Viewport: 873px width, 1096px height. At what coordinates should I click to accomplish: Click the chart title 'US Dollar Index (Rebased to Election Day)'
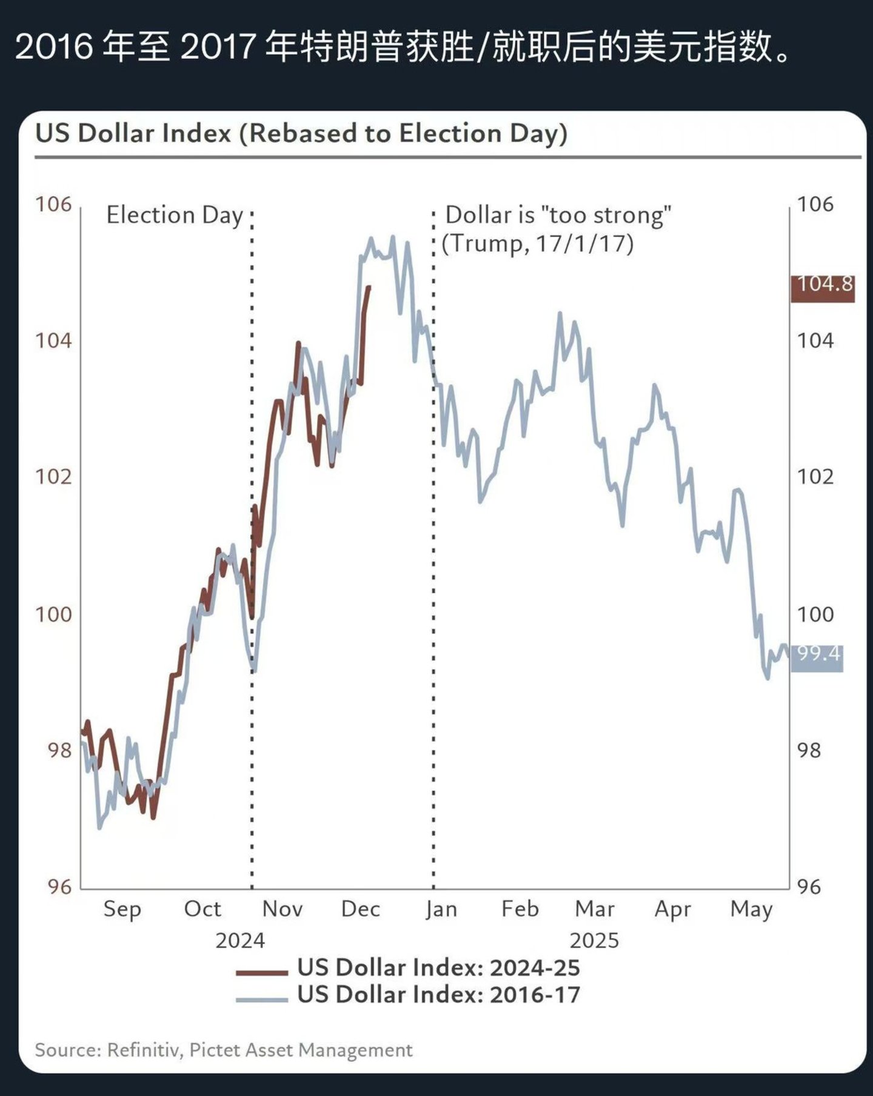point(301,133)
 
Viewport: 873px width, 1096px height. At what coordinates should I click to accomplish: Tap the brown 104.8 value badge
point(823,288)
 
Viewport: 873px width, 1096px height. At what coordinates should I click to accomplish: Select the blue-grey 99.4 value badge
point(817,657)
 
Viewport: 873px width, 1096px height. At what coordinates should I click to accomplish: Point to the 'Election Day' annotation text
point(175,216)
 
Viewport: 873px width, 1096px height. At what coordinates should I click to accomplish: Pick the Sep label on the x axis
point(122,909)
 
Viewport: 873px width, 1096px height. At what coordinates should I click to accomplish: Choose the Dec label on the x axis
point(360,909)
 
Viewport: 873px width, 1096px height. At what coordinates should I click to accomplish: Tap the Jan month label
point(441,909)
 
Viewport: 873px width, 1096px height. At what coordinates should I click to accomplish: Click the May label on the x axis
point(751,909)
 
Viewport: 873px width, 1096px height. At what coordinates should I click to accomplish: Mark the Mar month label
point(594,909)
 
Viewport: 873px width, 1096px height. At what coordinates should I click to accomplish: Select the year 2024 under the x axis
point(240,941)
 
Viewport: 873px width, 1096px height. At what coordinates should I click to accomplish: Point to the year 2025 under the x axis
point(594,941)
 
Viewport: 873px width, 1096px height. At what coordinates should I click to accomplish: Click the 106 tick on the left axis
point(53,205)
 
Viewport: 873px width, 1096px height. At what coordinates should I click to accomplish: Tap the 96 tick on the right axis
point(809,887)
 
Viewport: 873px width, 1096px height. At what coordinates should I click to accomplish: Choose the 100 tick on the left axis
point(53,614)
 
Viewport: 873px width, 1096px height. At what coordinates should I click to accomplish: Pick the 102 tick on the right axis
point(815,477)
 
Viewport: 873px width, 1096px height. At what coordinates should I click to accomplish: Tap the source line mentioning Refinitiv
point(223,1050)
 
